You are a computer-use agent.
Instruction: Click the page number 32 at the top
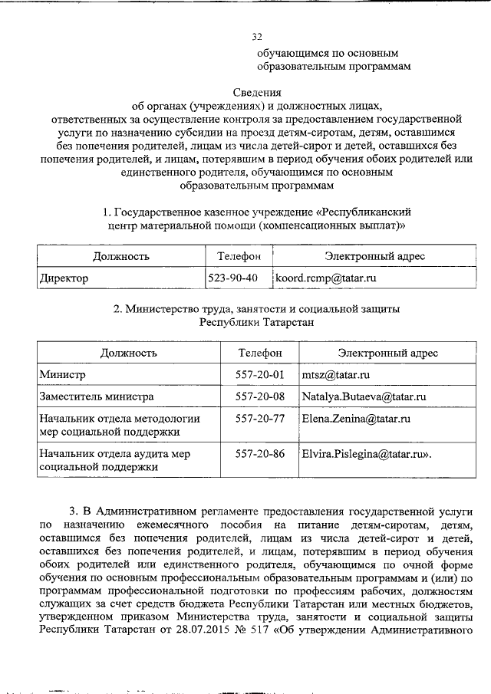coord(257,37)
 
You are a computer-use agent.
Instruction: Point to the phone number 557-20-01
coord(260,374)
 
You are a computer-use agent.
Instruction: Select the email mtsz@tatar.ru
coord(336,374)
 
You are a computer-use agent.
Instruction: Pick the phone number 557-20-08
coord(260,396)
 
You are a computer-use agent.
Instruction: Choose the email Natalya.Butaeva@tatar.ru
coord(364,396)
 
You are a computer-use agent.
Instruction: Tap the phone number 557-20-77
coord(260,419)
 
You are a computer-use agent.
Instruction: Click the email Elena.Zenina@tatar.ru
coord(356,419)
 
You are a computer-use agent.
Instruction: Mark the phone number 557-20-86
coord(260,454)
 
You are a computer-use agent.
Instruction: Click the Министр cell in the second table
coord(62,374)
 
